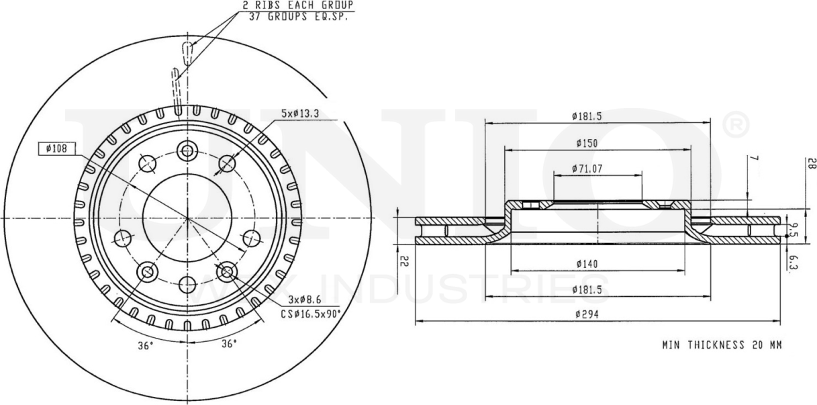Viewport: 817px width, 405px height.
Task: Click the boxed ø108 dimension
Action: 57,149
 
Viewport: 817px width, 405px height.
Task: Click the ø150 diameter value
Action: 587,143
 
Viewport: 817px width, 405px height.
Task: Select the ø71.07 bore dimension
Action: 587,169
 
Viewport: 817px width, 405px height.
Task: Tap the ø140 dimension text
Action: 587,265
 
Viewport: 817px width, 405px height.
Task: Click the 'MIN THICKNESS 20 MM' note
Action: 722,345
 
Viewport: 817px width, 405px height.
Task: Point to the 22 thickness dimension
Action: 404,261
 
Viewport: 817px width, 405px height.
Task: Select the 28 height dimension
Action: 810,163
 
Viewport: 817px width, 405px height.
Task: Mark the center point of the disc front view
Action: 187,218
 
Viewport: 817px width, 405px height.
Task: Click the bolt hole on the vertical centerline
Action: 187,150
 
